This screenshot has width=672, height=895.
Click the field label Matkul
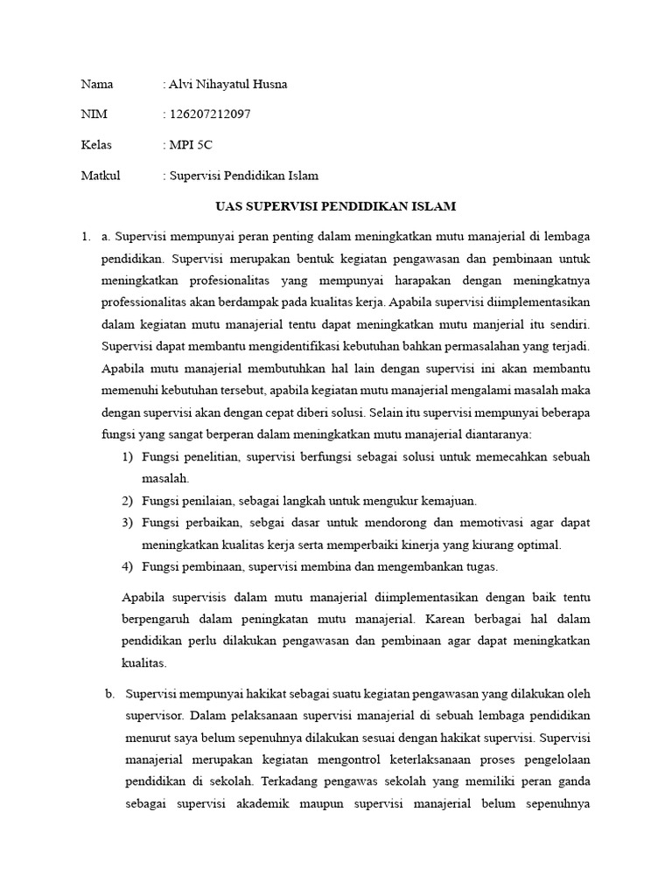click(100, 176)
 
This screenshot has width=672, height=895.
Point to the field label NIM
click(93, 114)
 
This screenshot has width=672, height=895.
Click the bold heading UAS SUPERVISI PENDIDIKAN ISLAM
click(336, 206)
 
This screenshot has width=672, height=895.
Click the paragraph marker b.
click(110, 694)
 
